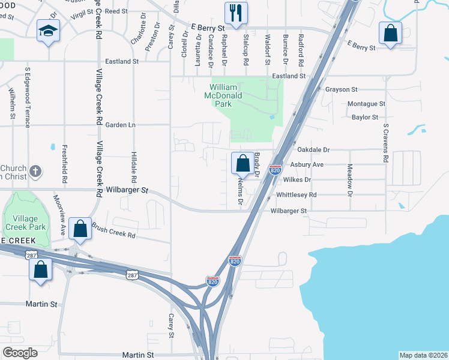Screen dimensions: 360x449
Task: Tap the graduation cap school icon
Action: click(47, 31)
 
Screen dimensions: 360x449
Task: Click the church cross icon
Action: click(35, 172)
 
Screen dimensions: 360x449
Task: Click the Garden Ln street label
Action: click(121, 125)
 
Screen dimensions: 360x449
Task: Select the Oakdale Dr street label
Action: click(313, 149)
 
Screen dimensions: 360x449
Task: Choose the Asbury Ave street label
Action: click(307, 164)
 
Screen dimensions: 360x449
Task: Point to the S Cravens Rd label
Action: click(386, 143)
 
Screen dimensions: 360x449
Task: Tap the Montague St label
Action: click(366, 104)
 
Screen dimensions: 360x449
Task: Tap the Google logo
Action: click(20, 353)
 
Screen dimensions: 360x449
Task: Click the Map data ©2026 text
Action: click(423, 355)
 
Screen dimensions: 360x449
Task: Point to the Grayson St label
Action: click(342, 89)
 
